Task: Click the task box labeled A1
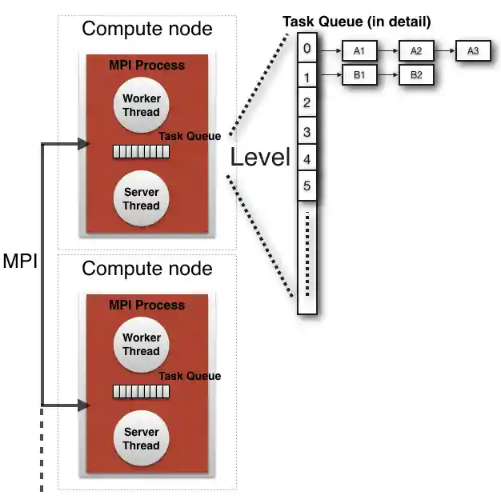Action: point(359,51)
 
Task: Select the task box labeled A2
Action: point(415,51)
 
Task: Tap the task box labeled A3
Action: point(472,51)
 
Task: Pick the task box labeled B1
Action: point(359,75)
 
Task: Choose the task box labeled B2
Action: point(415,75)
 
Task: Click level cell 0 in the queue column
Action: point(307,49)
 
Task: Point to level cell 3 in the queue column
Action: point(307,131)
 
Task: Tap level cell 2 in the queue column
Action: point(307,103)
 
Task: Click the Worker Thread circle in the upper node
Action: point(141,106)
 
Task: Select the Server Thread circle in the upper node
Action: point(141,198)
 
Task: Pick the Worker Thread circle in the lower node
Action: point(141,345)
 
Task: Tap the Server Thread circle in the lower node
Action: point(141,438)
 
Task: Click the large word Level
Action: point(260,157)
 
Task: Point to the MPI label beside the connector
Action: point(20,261)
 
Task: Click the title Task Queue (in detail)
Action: point(356,22)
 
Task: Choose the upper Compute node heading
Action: point(147,30)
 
